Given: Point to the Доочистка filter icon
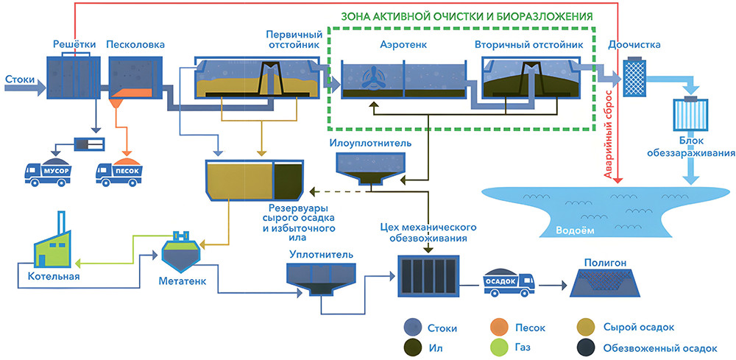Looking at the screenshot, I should pyautogui.click(x=633, y=74).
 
